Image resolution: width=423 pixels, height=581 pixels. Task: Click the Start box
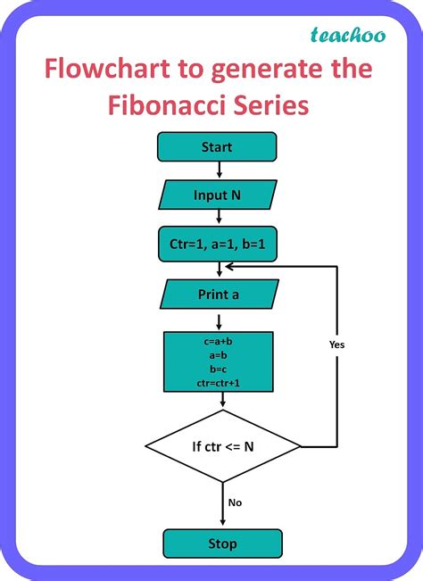coord(217,146)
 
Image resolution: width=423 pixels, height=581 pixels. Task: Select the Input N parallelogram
coord(217,195)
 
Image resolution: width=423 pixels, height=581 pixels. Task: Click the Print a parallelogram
coord(217,294)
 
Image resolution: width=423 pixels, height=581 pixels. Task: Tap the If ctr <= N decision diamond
coord(222,444)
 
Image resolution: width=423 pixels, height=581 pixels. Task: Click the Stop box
coord(222,544)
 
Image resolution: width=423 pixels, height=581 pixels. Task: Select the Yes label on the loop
coord(336,344)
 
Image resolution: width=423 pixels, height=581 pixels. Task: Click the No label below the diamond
coord(235,502)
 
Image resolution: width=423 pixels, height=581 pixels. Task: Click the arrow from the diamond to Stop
coord(222,504)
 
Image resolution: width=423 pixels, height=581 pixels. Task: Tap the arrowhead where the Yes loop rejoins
coord(229,266)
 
